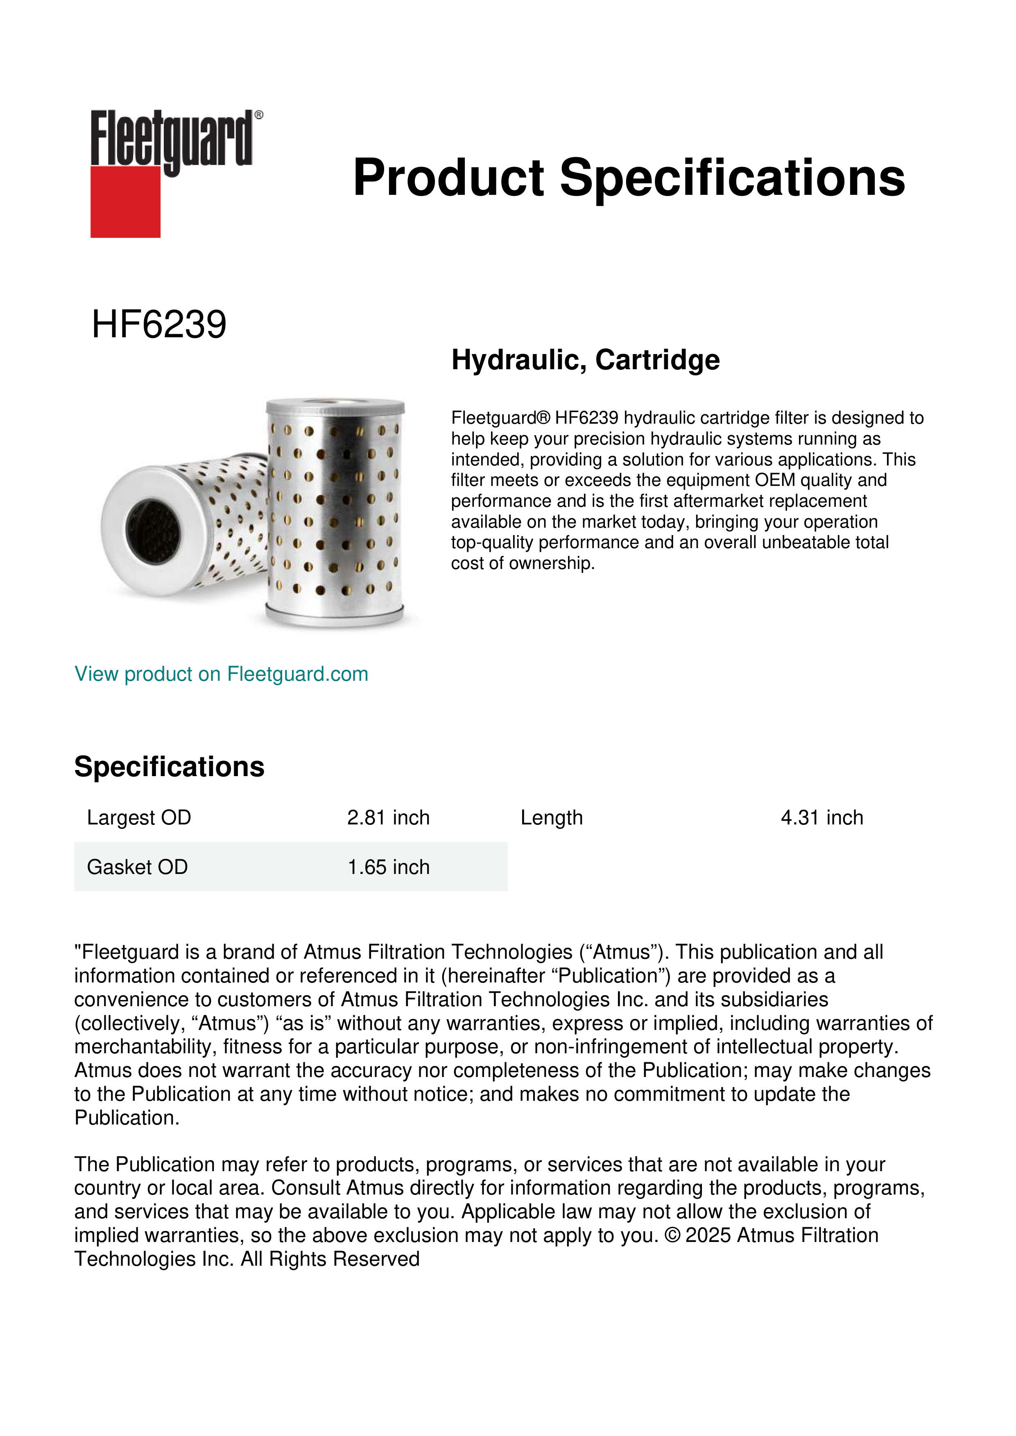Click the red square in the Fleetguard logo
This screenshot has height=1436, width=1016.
pyautogui.click(x=125, y=202)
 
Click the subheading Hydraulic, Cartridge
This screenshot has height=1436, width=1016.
pyautogui.click(x=586, y=360)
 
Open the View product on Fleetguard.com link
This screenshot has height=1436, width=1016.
pyautogui.click(x=222, y=674)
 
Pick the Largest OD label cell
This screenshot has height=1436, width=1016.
pyautogui.click(x=139, y=817)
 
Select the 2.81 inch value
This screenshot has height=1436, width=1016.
pyautogui.click(x=389, y=817)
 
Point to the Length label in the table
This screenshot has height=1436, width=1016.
pyautogui.click(x=551, y=817)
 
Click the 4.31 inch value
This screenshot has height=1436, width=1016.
pyautogui.click(x=821, y=817)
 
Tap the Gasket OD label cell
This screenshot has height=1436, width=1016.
pyautogui.click(x=137, y=867)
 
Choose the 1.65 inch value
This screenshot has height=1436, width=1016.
pyautogui.click(x=389, y=867)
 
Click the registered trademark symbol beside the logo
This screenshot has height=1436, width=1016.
pyautogui.click(x=259, y=115)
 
